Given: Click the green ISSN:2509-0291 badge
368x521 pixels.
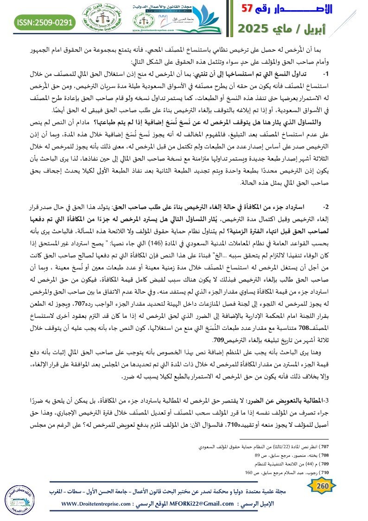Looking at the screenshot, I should [39, 21].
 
